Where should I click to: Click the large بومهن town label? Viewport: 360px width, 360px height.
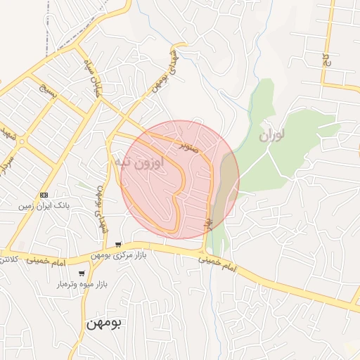(x=103, y=323)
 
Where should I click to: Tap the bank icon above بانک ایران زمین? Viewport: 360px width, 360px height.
(x=44, y=194)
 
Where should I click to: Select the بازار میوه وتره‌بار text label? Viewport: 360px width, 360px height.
(x=81, y=285)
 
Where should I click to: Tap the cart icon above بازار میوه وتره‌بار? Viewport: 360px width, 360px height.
(x=82, y=274)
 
